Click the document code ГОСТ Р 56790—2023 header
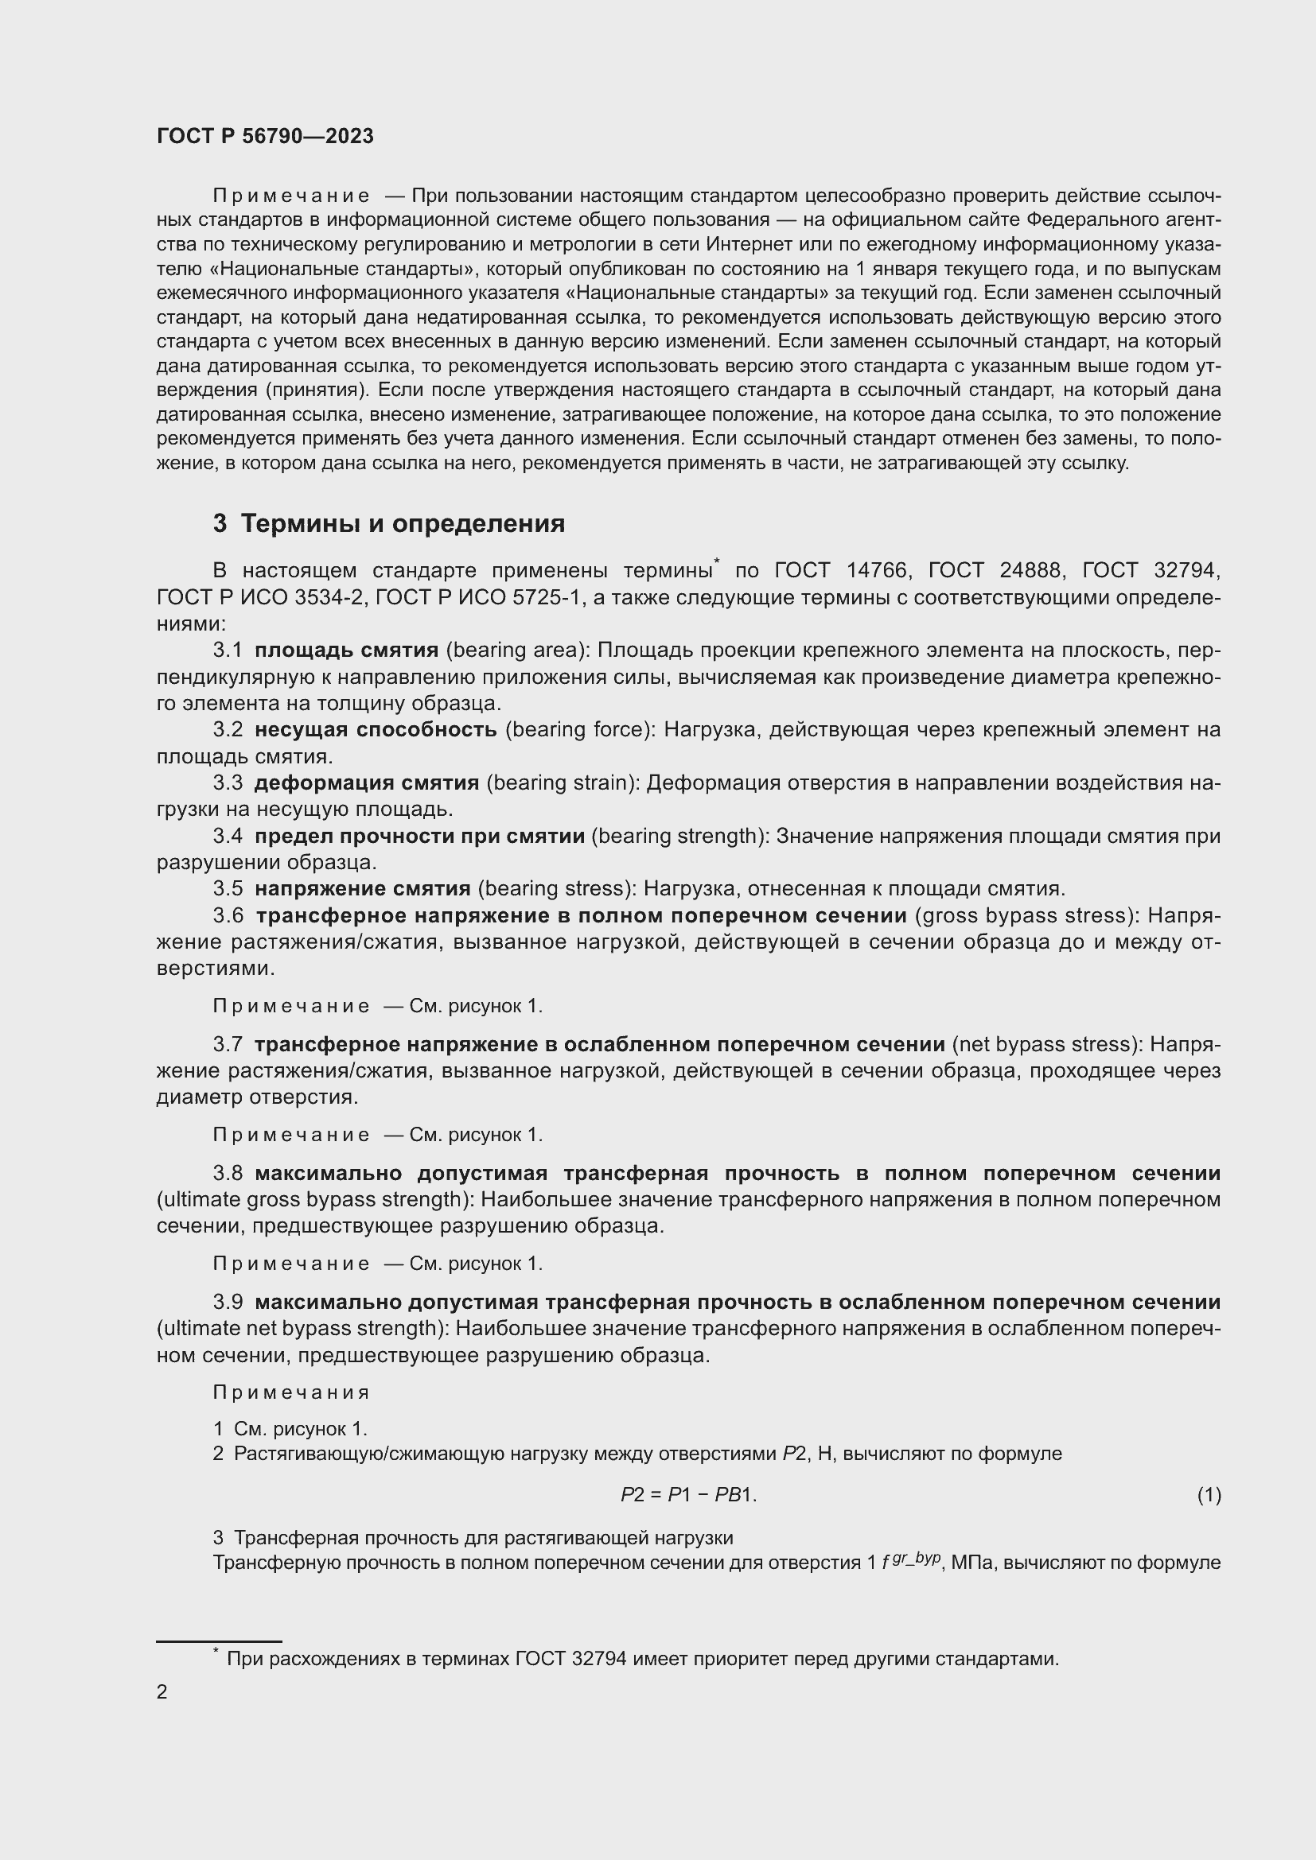click(265, 136)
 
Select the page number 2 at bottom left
click(162, 1691)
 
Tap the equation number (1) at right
click(1209, 1495)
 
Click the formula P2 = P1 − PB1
click(688, 1495)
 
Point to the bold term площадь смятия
click(346, 650)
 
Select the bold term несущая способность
click(376, 729)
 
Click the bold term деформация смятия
click(366, 782)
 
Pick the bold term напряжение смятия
click(362, 889)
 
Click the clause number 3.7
click(228, 1044)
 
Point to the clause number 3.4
click(228, 835)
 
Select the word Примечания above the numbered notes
click(291, 1392)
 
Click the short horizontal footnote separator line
click(219, 1641)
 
